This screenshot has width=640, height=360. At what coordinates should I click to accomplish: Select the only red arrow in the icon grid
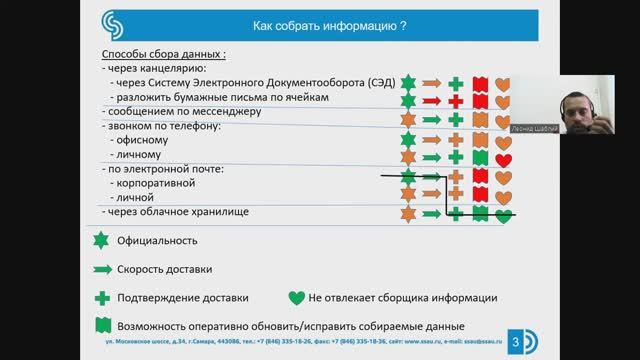point(432,102)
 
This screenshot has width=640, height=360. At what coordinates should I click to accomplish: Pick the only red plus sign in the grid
point(456,102)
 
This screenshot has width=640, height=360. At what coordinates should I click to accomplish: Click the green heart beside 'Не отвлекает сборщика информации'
point(296,297)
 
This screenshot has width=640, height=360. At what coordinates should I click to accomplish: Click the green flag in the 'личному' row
point(480,158)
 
